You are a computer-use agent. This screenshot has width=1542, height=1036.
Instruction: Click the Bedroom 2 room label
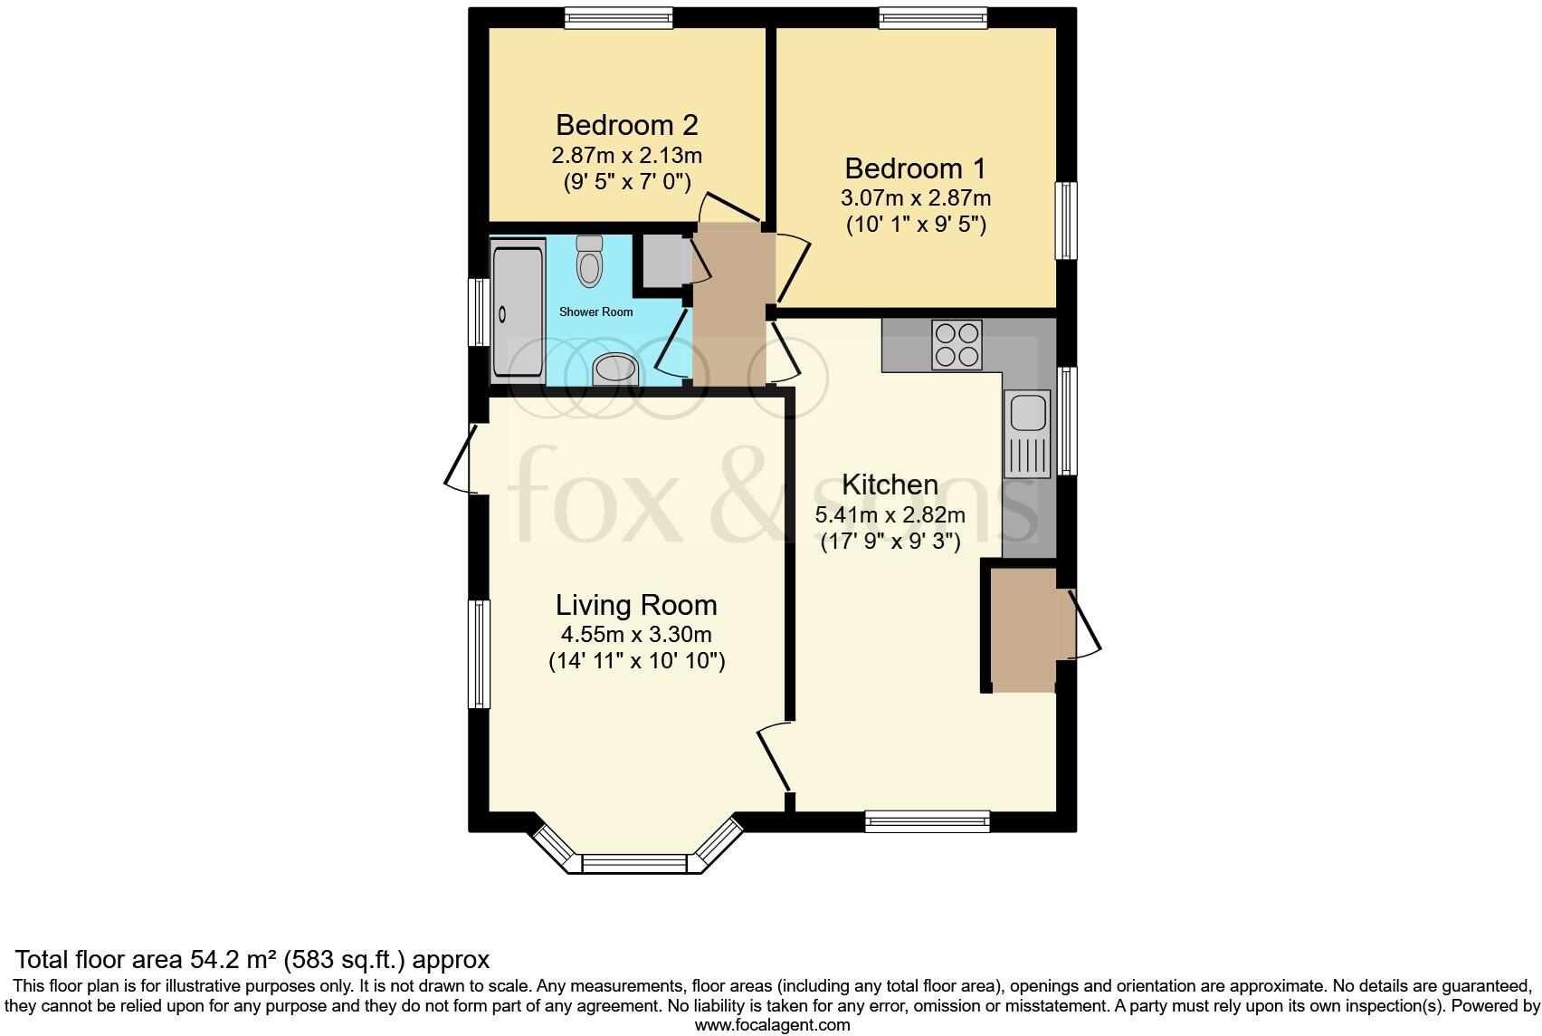[626, 125]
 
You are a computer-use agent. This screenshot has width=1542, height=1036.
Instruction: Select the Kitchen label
[890, 484]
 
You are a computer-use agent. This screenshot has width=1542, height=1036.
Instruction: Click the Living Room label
[636, 605]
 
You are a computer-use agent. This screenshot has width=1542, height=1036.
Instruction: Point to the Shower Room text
[595, 312]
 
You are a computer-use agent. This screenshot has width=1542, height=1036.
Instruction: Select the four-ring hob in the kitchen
[957, 344]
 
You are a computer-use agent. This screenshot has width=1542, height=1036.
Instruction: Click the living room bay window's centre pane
[635, 863]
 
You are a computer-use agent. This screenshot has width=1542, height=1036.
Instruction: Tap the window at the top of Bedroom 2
[619, 18]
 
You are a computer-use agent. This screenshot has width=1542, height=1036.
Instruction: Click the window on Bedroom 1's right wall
[1068, 221]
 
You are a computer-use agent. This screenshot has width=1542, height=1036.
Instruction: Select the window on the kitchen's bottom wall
[928, 821]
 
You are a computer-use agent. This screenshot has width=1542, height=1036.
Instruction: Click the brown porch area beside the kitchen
[1023, 628]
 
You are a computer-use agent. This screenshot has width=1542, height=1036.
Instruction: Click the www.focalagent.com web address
[772, 1025]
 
